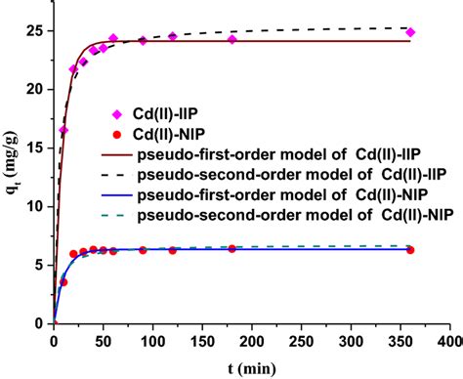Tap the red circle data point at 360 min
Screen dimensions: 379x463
[411, 250]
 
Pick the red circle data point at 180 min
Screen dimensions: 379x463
[232, 249]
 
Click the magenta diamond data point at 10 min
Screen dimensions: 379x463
[63, 130]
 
